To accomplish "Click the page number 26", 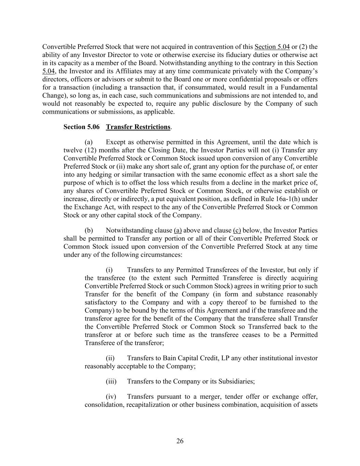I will (180, 441).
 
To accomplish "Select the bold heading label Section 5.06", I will (82, 127).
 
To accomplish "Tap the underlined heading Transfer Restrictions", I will (138, 127).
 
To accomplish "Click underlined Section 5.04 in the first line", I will (272, 47).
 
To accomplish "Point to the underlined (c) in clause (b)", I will (237, 230).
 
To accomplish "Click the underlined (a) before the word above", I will (178, 230).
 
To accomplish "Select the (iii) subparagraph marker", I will (111, 381).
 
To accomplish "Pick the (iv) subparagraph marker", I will (111, 397).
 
